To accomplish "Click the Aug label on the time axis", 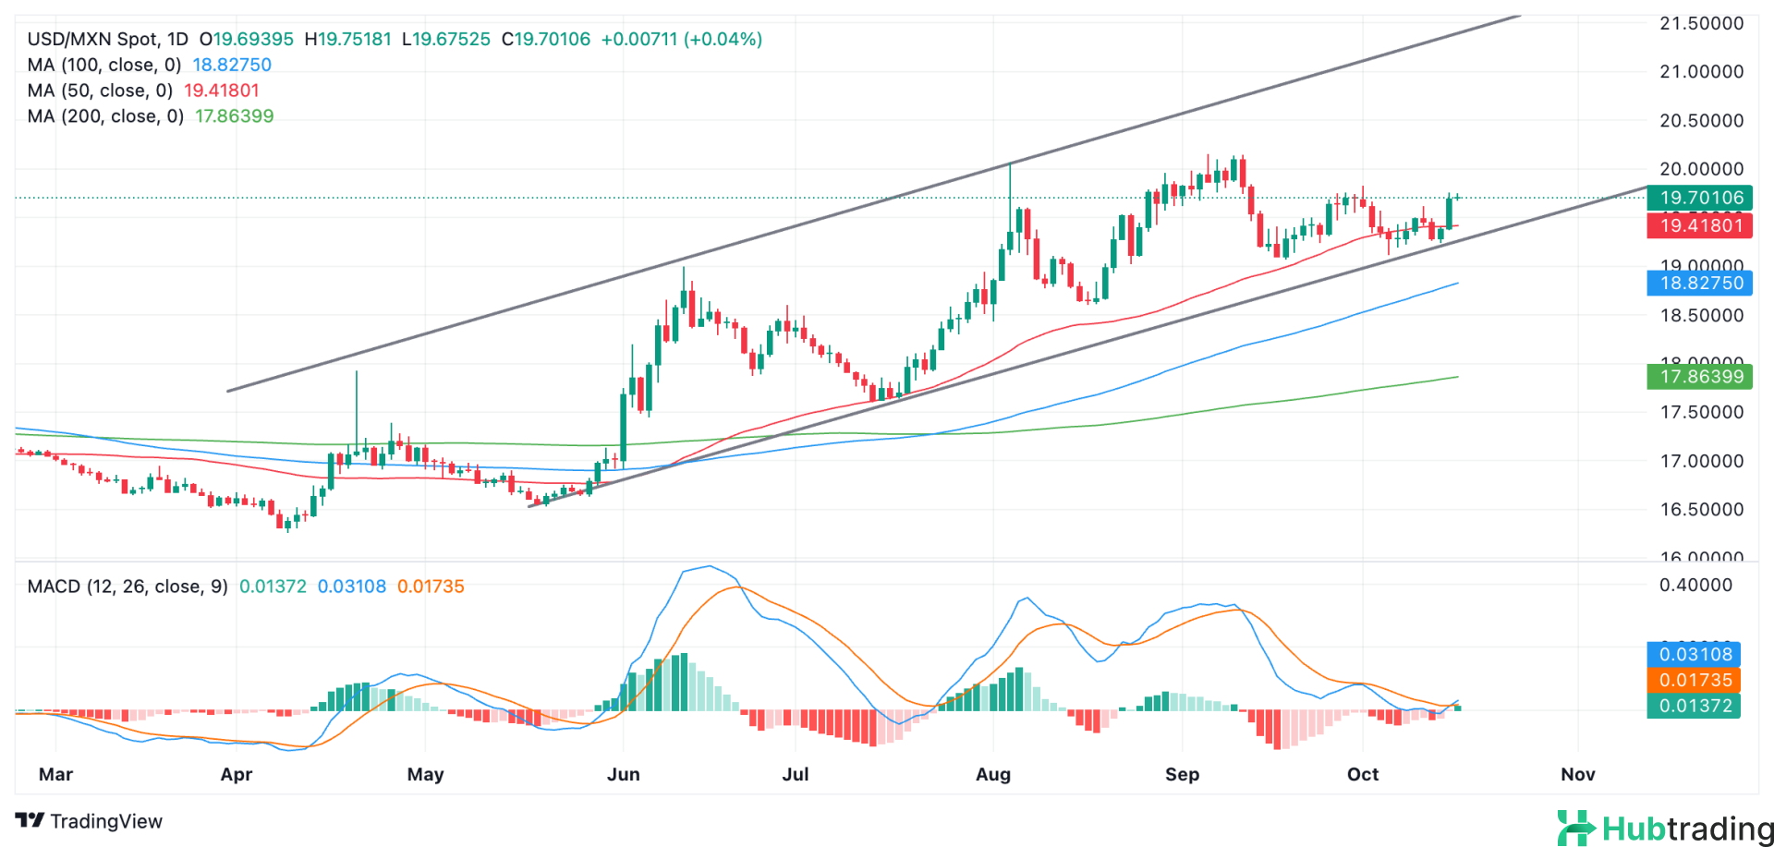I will pyautogui.click(x=993, y=774).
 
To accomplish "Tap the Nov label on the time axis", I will pyautogui.click(x=1577, y=774).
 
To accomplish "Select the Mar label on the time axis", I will pyautogui.click(x=55, y=774).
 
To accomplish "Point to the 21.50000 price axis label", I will pyautogui.click(x=1701, y=23).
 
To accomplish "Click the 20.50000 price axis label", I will pyautogui.click(x=1701, y=120).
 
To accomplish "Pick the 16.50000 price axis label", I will pyautogui.click(x=1701, y=509).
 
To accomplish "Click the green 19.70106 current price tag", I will pyautogui.click(x=1699, y=198).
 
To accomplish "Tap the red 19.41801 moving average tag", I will pyautogui.click(x=1699, y=225).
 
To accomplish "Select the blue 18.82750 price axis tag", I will pyautogui.click(x=1699, y=283).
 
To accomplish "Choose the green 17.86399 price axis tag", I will pyautogui.click(x=1699, y=376).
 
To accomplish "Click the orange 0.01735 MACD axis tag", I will pyautogui.click(x=1694, y=680).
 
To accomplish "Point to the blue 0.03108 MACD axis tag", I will pyautogui.click(x=1694, y=654).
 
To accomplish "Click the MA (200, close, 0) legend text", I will pyautogui.click(x=105, y=116).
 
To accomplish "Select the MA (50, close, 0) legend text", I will pyautogui.click(x=100, y=91).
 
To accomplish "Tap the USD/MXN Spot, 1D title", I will pyautogui.click(x=107, y=39).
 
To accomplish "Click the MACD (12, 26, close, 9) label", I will pyautogui.click(x=128, y=587).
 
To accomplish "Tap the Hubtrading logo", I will pyautogui.click(x=1664, y=828).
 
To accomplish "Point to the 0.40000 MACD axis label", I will pyautogui.click(x=1695, y=585).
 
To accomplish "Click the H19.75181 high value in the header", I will pyautogui.click(x=347, y=39).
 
